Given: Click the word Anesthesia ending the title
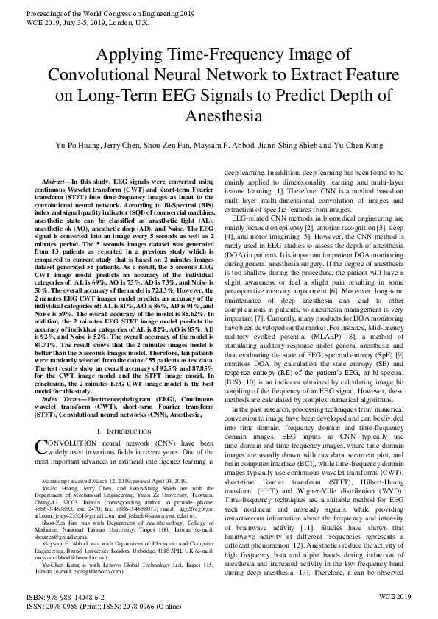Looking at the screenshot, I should [219, 116].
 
